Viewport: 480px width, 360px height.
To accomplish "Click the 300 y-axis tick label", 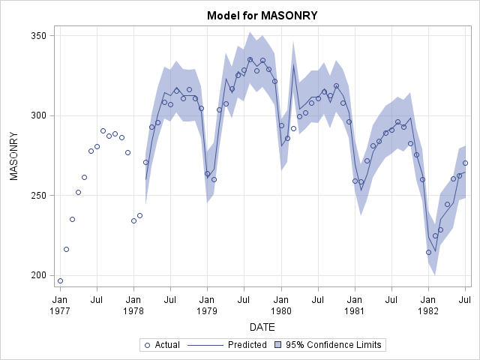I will pos(40,115).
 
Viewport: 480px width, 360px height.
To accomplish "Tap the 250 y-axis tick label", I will pos(40,195).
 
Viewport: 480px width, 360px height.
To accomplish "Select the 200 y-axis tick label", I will pos(40,275).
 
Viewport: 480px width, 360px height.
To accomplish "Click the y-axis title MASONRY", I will pos(13,155).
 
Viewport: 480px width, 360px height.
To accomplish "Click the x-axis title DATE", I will pos(262,327).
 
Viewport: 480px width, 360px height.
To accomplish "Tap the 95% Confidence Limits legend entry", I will pos(338,345).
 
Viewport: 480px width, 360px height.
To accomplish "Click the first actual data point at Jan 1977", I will pos(60,281).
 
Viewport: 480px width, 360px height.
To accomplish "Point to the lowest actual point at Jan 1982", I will pos(429,252).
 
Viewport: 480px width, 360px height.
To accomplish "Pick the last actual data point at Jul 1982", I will pos(465,163).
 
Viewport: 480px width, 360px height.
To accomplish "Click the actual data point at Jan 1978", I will pos(133,220).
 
